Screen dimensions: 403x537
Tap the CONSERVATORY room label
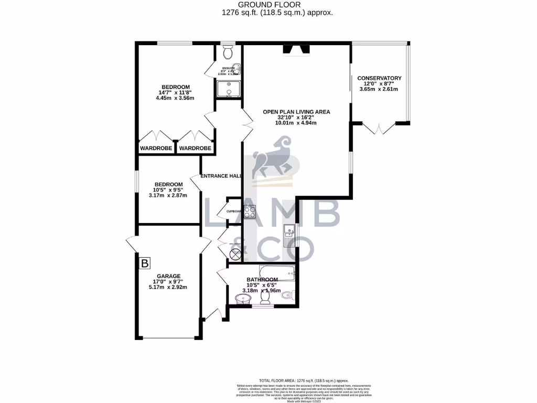coord(379,78)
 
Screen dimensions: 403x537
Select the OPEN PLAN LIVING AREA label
coord(297,112)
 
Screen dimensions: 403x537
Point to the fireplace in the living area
coord(296,50)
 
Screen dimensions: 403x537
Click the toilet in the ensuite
coord(228,52)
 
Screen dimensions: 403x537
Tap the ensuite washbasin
coord(238,68)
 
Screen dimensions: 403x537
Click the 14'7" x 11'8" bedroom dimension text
coord(175,93)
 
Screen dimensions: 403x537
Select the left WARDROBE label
coord(156,149)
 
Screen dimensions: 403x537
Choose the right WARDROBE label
coord(195,149)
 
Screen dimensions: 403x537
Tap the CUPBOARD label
coord(233,211)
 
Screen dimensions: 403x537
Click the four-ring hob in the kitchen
coord(249,212)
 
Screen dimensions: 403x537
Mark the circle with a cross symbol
coord(235,255)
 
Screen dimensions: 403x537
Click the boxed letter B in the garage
coord(145,263)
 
